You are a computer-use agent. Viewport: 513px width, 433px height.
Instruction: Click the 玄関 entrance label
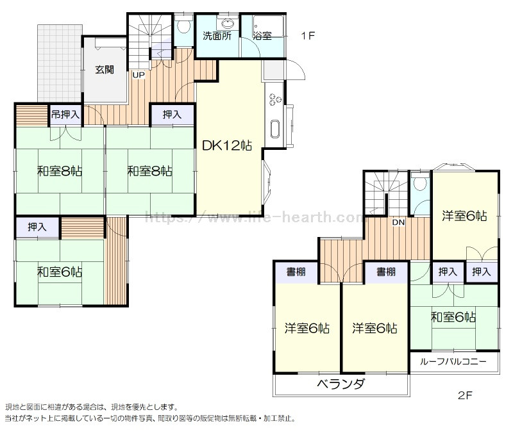(105, 69)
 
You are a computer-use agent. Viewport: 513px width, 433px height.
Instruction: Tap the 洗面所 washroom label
(217, 37)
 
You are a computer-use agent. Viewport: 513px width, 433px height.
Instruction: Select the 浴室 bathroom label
(262, 37)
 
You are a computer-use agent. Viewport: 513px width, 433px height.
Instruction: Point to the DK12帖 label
(226, 146)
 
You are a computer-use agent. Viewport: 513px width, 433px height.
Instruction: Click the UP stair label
(139, 74)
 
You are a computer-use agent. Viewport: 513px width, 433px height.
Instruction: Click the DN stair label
(398, 222)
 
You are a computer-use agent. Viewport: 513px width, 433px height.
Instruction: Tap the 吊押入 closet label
(65, 115)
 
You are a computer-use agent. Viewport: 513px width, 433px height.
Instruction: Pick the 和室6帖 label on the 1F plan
(59, 272)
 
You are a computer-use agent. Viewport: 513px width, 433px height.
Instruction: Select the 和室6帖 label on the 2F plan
(453, 316)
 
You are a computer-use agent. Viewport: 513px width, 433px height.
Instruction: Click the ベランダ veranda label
(341, 384)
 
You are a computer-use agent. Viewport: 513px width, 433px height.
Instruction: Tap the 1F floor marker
(308, 36)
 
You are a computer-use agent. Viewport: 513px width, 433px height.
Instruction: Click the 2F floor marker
(466, 395)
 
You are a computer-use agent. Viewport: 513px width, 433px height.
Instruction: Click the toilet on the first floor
(184, 26)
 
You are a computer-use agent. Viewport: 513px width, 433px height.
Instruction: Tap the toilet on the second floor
(420, 184)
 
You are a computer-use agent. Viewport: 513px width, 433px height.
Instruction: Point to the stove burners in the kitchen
(275, 99)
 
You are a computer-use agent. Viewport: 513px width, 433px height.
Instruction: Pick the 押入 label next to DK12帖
(172, 115)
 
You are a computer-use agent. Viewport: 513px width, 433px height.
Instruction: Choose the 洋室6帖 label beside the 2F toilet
(464, 216)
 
